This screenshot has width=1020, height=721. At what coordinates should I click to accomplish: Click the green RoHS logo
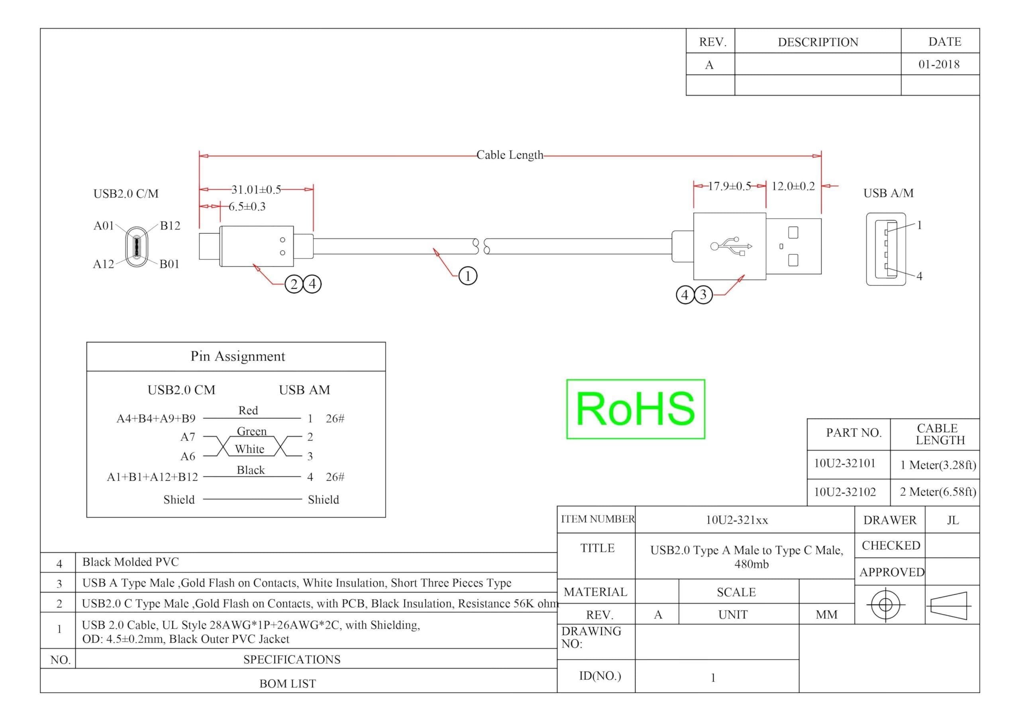tap(636, 409)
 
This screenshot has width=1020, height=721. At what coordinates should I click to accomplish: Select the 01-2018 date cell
tap(939, 65)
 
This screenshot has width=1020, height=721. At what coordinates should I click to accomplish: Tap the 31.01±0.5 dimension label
tap(256, 190)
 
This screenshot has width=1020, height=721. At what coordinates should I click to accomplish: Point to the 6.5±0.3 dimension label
tap(247, 207)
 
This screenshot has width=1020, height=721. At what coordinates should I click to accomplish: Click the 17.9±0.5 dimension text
tap(730, 186)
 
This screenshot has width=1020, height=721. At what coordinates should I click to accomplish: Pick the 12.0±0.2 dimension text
tap(793, 186)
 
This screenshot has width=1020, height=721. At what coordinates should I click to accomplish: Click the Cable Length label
tap(510, 155)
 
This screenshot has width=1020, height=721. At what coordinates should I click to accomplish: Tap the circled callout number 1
tap(468, 276)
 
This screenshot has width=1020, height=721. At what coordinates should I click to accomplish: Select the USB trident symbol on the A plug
tap(731, 246)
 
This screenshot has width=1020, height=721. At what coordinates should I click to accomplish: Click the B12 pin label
tap(170, 226)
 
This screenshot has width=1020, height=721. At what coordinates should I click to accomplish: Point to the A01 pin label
tap(104, 226)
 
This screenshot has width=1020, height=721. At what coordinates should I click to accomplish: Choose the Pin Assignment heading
tap(238, 356)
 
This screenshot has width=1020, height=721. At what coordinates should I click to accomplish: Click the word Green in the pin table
tap(252, 432)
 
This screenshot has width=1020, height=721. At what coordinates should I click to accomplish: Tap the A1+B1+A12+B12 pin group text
tap(152, 477)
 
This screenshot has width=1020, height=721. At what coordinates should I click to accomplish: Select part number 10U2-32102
tap(845, 492)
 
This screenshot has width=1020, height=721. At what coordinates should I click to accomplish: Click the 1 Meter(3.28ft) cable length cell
tap(938, 465)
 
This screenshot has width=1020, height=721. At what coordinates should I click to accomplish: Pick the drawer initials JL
tap(953, 520)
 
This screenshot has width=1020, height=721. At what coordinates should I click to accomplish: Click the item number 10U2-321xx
tap(737, 520)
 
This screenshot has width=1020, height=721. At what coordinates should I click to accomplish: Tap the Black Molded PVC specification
tap(131, 562)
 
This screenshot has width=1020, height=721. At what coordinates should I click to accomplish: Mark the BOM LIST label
tap(288, 684)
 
